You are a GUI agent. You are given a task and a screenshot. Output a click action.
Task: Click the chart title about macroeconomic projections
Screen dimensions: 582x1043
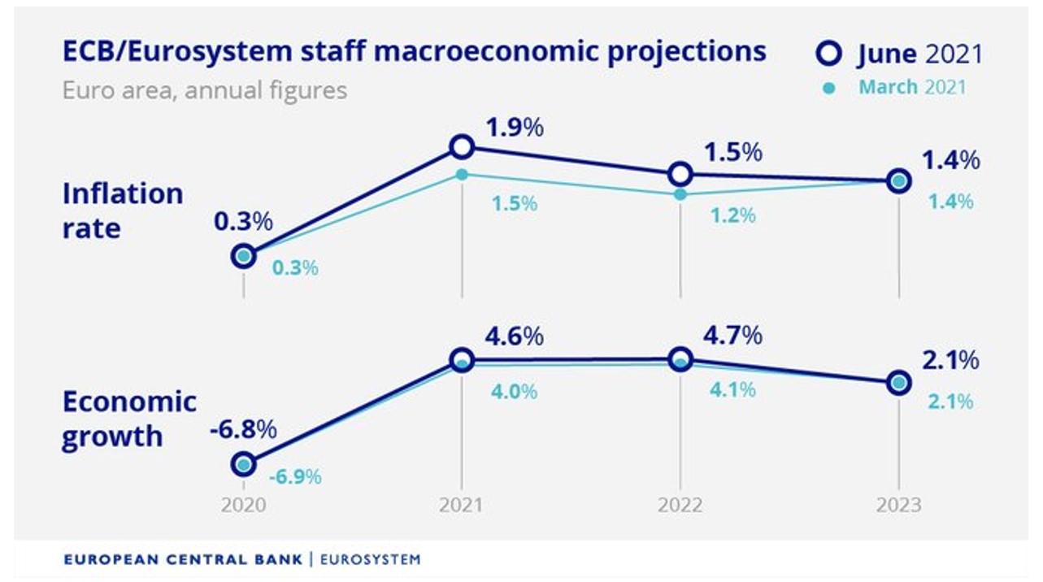414,52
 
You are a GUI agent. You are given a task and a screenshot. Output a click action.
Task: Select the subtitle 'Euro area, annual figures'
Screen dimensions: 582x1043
204,89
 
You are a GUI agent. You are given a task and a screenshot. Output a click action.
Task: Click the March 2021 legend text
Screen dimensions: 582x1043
912,87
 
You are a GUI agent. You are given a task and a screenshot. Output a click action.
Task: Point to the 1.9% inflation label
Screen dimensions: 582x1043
514,128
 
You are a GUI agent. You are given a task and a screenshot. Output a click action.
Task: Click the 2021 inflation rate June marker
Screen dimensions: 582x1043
462,146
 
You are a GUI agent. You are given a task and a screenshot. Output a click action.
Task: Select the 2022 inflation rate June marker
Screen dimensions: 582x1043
680,173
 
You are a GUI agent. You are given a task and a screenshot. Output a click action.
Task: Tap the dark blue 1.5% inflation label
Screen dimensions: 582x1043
732,153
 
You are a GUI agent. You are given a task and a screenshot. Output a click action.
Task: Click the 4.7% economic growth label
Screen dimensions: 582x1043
732,335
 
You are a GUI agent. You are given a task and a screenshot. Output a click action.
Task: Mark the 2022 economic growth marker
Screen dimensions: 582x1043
680,359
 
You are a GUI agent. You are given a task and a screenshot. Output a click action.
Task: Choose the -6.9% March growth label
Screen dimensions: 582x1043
295,476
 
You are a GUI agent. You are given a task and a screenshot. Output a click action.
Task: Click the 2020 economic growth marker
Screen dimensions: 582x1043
243,464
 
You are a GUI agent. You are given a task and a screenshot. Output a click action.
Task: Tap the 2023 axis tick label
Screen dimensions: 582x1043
898,506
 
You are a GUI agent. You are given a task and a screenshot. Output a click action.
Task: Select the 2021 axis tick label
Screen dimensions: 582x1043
461,506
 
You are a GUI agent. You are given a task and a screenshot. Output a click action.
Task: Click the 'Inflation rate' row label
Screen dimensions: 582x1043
123,211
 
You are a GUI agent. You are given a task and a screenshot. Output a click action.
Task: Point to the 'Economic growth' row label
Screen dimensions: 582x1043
129,419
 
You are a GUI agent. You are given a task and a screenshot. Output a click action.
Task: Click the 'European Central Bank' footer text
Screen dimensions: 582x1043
183,559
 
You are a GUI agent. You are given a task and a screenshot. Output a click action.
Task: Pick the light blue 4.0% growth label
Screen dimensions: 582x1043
514,392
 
